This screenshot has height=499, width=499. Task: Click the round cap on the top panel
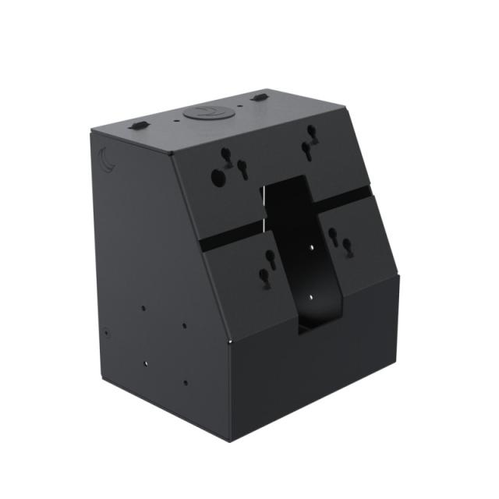205,113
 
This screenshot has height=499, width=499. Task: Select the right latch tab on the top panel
260,97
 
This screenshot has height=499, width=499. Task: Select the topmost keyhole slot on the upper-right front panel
311,131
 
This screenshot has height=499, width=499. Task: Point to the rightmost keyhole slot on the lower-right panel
348,247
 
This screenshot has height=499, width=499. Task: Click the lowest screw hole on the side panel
185,382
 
